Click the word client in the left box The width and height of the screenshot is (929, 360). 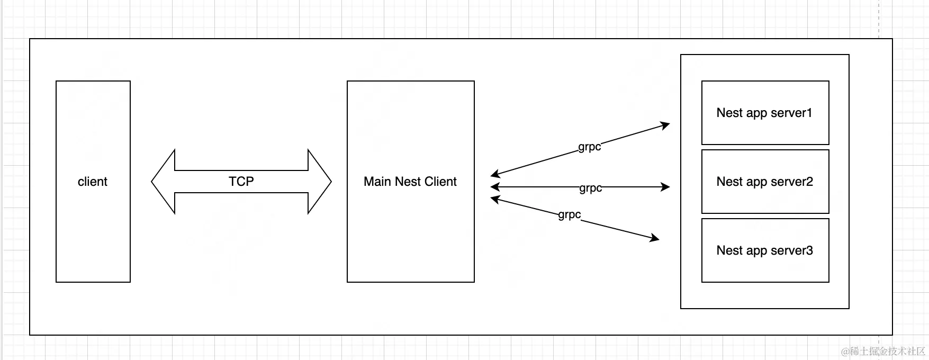point(93,182)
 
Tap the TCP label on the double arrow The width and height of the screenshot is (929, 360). point(241,181)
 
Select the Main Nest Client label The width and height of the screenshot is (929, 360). point(410,182)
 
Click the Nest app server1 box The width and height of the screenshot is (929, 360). point(765,113)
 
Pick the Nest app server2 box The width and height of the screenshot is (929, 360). point(765,182)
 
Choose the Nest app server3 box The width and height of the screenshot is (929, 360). point(765,250)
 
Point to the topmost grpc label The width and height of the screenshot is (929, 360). point(590,147)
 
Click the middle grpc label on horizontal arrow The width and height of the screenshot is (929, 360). point(590,188)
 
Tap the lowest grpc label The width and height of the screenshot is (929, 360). point(570,214)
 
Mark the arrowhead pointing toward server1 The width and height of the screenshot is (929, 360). point(665,125)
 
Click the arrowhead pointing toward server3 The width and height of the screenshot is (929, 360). point(655,238)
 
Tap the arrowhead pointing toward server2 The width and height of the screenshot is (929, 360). point(666,187)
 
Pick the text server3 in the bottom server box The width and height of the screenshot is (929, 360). point(791,250)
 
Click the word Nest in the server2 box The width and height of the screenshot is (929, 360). point(729,182)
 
